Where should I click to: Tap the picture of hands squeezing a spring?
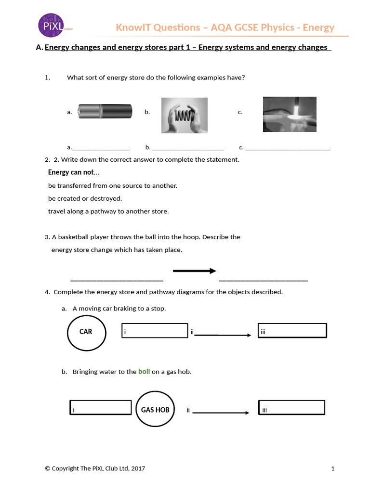[x=185, y=115]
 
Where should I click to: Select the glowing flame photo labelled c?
[x=289, y=114]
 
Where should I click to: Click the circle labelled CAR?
[x=86, y=332]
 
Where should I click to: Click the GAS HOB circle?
[x=155, y=410]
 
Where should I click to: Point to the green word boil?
[x=144, y=372]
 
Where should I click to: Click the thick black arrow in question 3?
[x=195, y=271]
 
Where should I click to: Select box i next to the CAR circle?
[x=154, y=331]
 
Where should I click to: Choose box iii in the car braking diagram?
[x=292, y=331]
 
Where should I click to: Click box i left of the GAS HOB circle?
[x=101, y=407]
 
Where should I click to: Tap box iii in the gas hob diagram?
[x=292, y=407]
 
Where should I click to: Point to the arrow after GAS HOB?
[x=220, y=413]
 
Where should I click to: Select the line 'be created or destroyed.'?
[x=85, y=198]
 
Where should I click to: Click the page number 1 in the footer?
[x=332, y=468]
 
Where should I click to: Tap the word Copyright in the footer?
[x=65, y=468]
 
